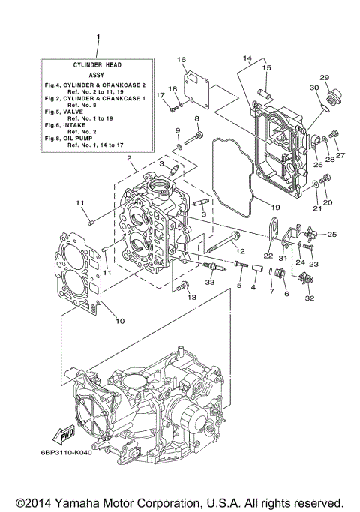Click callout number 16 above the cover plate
click(x=181, y=59)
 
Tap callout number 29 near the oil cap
click(x=325, y=78)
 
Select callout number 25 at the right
click(x=332, y=235)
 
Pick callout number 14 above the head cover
click(x=247, y=58)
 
